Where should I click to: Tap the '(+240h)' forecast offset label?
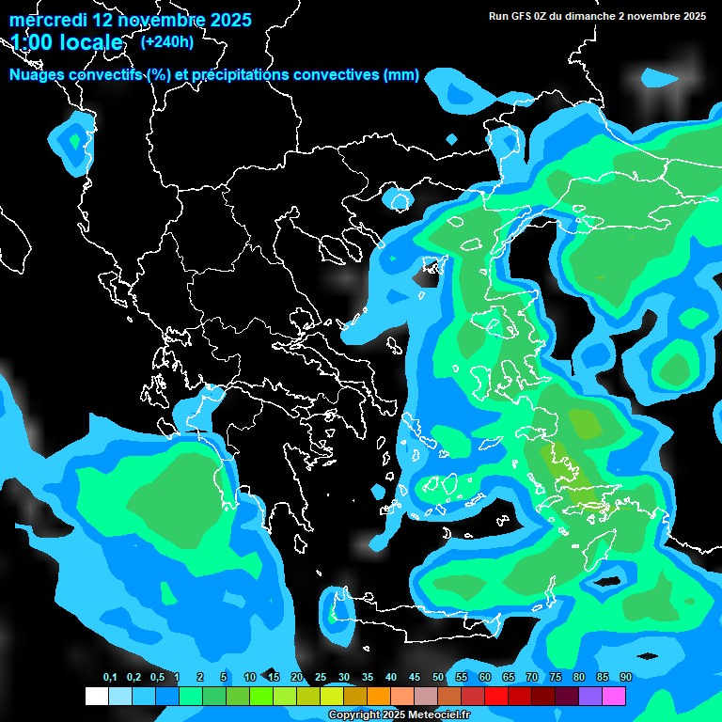click(167, 41)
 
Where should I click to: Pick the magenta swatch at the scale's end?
click(614, 697)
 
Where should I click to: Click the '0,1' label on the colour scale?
click(110, 677)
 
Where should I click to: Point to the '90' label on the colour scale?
click(626, 677)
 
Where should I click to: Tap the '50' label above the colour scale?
click(438, 677)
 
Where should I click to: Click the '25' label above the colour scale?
click(321, 677)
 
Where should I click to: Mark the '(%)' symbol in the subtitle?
click(159, 75)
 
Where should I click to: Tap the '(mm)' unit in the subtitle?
click(401, 75)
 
